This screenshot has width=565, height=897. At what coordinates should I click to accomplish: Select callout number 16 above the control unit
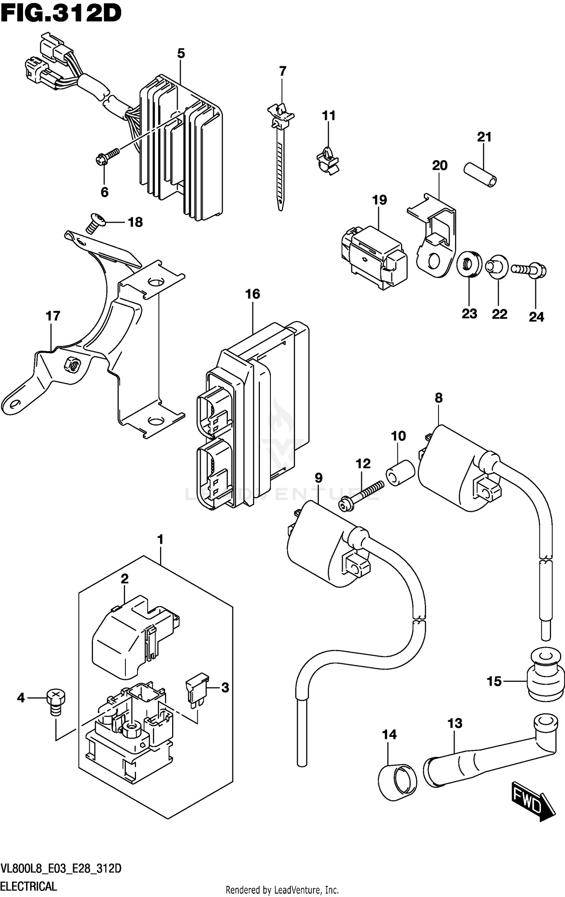coord(252,294)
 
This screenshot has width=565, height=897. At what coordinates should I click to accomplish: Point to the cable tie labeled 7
coord(280,158)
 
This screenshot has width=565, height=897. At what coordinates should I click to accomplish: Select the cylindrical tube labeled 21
coord(480,174)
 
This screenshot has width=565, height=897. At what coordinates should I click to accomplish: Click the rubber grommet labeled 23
coord(469,265)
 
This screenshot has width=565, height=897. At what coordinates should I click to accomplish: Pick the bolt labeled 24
coord(529,270)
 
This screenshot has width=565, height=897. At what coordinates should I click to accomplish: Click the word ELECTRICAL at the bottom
coord(29,886)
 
